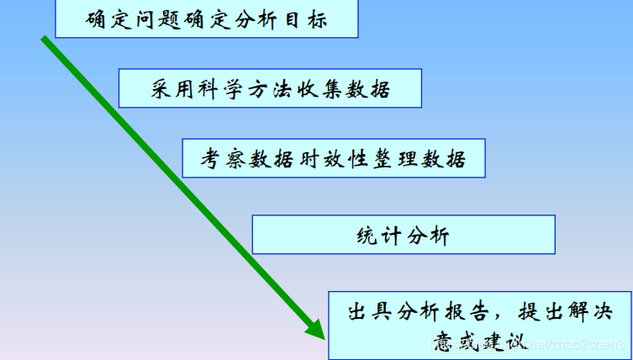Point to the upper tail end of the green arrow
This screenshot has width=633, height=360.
tap(45, 38)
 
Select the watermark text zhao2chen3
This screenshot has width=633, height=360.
tap(588, 345)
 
